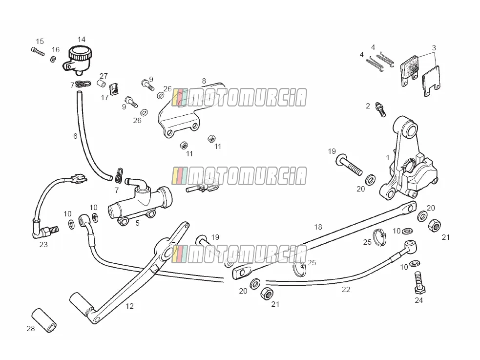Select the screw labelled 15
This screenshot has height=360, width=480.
38,51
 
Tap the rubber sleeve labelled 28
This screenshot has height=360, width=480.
44,320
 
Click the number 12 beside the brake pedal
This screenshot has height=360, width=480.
129,306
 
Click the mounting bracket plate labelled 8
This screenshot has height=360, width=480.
191,110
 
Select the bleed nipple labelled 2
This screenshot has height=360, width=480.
380,109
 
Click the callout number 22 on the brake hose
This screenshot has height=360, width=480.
346,290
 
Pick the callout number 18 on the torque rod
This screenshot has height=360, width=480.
318,227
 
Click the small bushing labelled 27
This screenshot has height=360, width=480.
101,84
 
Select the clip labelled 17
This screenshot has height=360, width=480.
114,89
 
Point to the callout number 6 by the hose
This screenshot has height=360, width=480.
75,136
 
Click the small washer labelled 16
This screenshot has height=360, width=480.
53,59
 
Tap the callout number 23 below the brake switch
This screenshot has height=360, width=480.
43,245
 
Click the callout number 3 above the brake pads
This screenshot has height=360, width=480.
434,48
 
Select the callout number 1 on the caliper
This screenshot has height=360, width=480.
388,157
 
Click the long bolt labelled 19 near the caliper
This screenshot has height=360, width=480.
349,165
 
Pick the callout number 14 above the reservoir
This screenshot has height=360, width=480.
82,40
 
